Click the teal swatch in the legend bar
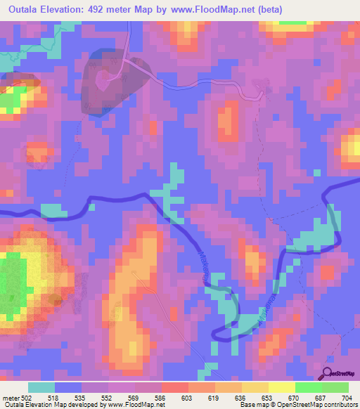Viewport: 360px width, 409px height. pos(41,388)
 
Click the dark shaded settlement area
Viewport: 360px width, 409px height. pos(112,79)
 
